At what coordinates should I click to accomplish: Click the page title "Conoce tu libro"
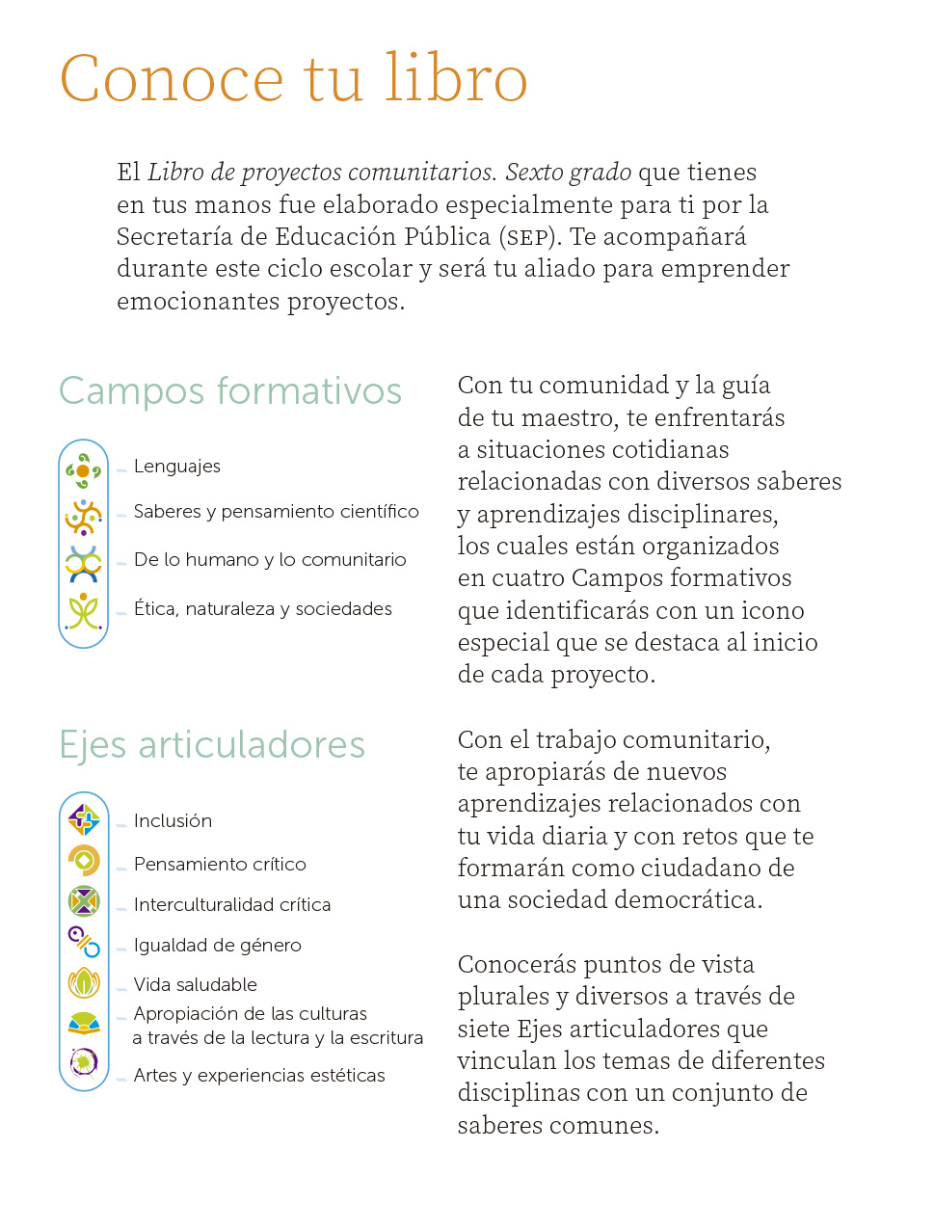[x=294, y=79]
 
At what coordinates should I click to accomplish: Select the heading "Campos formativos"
[x=230, y=391]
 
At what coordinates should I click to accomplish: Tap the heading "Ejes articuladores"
[x=212, y=745]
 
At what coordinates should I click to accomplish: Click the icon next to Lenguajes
[x=83, y=470]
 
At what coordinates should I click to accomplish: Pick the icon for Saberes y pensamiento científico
[x=83, y=518]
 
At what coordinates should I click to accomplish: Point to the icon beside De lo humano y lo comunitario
[x=83, y=564]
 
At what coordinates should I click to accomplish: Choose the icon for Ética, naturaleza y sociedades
[x=83, y=611]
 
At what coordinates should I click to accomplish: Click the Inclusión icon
[x=84, y=820]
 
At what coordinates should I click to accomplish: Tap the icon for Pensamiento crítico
[x=84, y=860]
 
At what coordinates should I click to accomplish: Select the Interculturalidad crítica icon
[x=84, y=901]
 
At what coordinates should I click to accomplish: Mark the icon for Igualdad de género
[x=84, y=941]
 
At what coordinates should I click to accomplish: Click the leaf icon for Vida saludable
[x=84, y=982]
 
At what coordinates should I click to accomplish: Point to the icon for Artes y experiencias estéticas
[x=84, y=1062]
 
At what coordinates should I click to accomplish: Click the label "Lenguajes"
[x=177, y=467]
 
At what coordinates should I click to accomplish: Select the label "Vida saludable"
[x=196, y=985]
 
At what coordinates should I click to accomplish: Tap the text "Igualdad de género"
[x=218, y=946]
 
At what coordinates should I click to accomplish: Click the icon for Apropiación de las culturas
[x=84, y=1023]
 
